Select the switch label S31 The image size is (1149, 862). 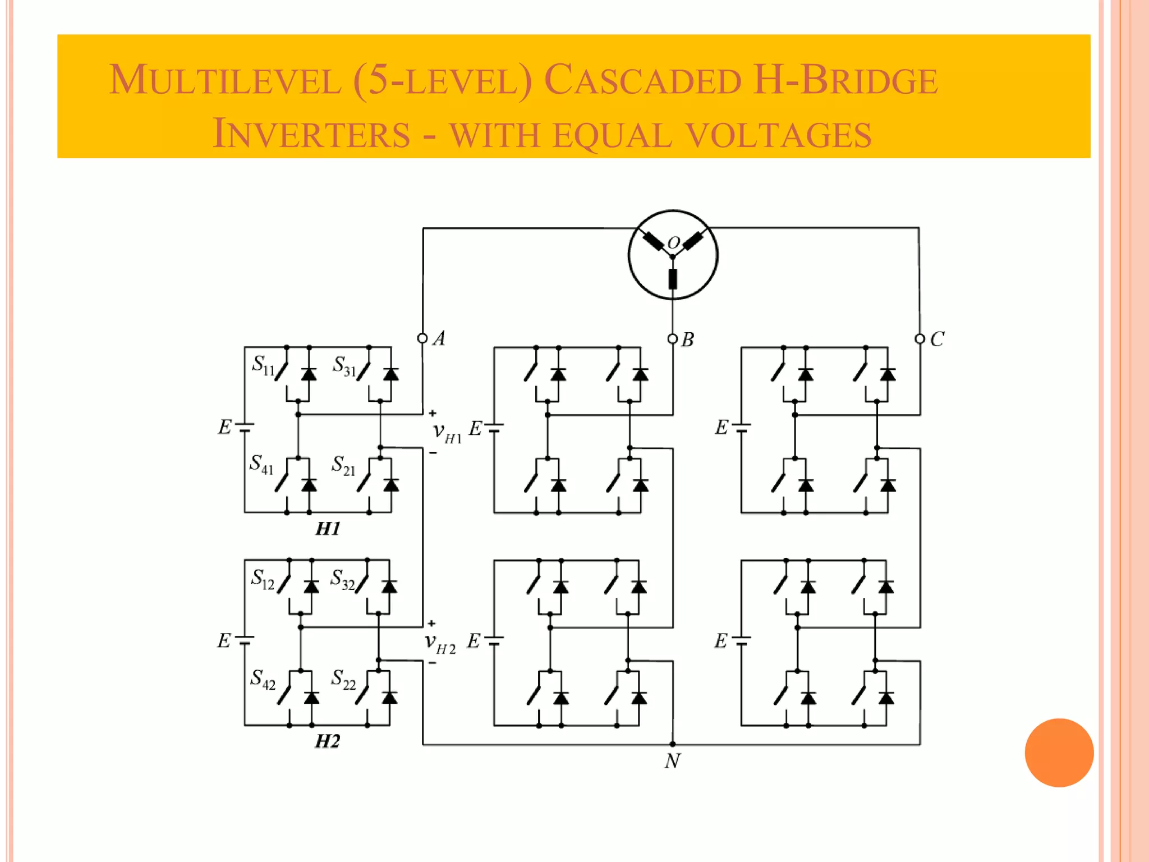click(344, 366)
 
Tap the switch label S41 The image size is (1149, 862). click(261, 465)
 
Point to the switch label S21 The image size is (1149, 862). click(343, 465)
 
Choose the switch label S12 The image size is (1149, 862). click(263, 579)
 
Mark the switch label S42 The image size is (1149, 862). click(263, 679)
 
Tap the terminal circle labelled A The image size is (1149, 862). click(422, 338)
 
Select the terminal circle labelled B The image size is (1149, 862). click(673, 339)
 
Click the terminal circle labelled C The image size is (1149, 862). click(920, 339)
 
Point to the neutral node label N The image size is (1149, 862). click(673, 761)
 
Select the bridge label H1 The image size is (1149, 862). click(328, 529)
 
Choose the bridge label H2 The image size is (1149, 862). click(328, 741)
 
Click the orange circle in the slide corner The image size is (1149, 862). click(1059, 753)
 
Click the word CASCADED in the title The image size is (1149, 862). click(642, 80)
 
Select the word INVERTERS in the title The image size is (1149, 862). click(311, 134)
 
